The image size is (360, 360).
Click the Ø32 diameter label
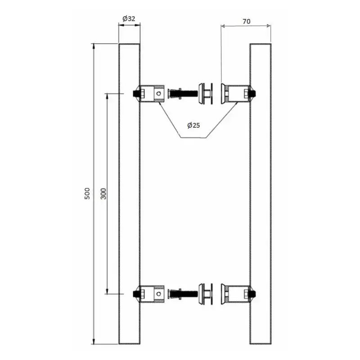(129, 18)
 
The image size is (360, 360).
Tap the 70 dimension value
(246, 21)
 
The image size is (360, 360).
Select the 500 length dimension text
(87, 193)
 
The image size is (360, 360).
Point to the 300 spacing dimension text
(103, 193)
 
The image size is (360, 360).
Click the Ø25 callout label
(193, 126)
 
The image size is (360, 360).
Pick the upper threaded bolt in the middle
(183, 94)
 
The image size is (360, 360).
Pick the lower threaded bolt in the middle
(183, 294)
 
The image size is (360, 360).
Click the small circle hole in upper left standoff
(158, 94)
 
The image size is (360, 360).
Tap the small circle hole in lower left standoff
(158, 294)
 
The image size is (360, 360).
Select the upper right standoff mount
(238, 94)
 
